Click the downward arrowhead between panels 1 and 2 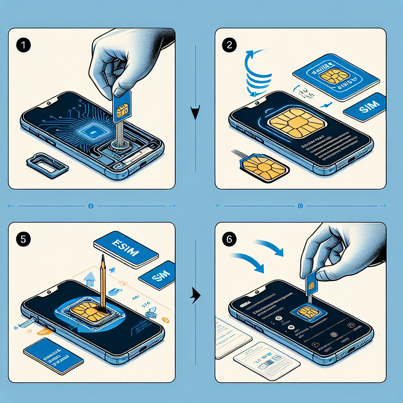[196, 113]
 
